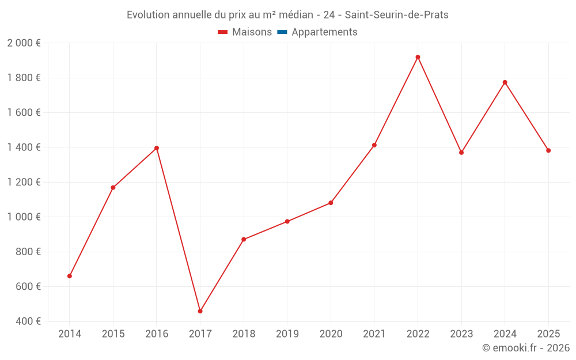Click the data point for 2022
click(x=418, y=57)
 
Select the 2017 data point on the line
click(x=200, y=311)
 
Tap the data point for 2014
click(x=70, y=276)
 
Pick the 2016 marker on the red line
click(x=157, y=148)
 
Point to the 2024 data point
click(x=505, y=82)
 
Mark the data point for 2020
click(x=331, y=203)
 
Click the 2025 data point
click(x=548, y=150)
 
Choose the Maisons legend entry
click(x=252, y=32)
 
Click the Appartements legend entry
click(x=324, y=32)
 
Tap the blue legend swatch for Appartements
click(x=282, y=32)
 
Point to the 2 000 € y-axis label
click(x=24, y=43)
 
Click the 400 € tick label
click(x=28, y=321)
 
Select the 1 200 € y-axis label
click(x=24, y=182)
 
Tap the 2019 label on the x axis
click(x=287, y=334)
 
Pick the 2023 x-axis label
click(x=461, y=334)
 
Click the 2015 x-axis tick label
click(x=113, y=334)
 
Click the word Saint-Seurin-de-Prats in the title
click(x=396, y=15)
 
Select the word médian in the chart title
click(x=290, y=15)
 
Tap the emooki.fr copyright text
click(x=526, y=348)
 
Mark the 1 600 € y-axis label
click(x=24, y=113)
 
